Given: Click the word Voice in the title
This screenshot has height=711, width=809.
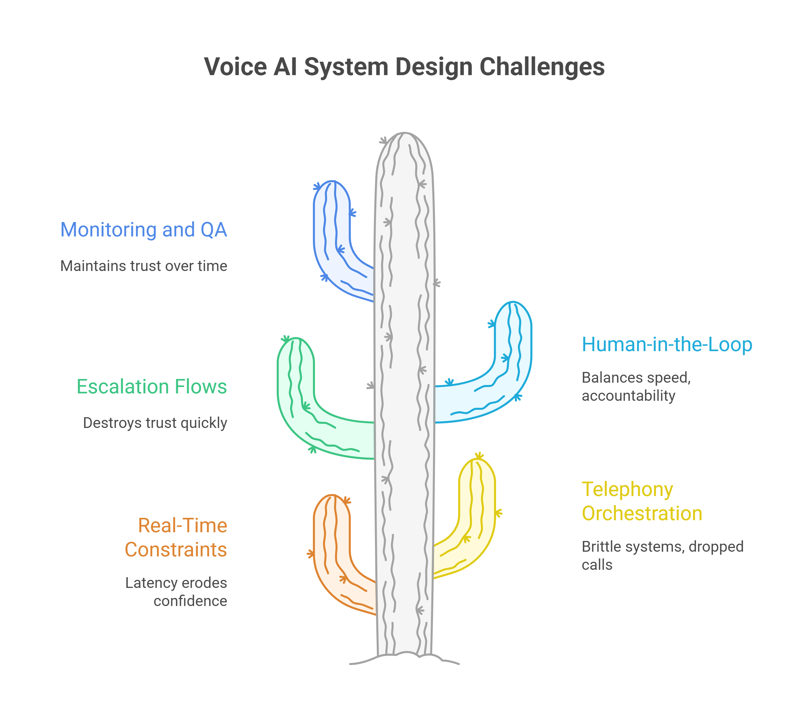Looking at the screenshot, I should point(236,66).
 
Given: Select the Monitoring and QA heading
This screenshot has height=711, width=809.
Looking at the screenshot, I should point(144,229).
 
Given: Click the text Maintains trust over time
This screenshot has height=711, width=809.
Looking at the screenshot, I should point(144,266).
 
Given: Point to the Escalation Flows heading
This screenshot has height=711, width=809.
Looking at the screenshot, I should point(152,387).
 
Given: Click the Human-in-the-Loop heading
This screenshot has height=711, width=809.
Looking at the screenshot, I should point(667,344).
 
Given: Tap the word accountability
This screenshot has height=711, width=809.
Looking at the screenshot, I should point(629,396).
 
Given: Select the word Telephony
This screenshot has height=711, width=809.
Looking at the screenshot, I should point(627,489).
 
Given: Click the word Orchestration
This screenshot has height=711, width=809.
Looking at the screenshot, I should point(642,513).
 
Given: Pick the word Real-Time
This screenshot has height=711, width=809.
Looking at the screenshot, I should point(182,526).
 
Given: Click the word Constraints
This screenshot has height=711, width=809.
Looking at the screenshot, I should point(176,550).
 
